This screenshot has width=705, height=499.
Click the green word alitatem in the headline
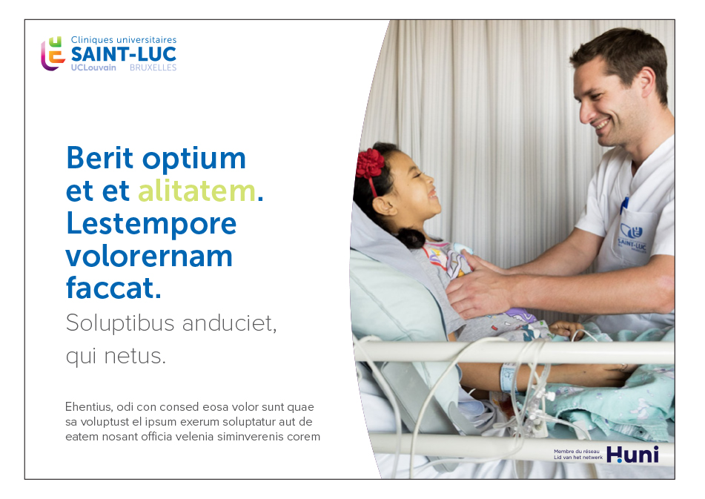pos(197,192)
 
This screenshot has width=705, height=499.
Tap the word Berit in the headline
pos(100,158)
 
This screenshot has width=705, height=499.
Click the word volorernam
pos(149,257)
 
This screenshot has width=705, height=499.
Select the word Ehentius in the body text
pos(87,407)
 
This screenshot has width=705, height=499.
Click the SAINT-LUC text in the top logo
pos(124,54)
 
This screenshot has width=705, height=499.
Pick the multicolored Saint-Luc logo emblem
pos(53,54)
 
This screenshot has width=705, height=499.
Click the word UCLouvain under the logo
pos(93,67)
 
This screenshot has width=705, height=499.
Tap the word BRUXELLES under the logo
pos(153,67)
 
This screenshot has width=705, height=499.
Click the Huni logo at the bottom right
pos(632,455)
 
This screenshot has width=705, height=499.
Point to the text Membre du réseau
pos(577,452)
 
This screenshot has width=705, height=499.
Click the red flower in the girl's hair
pos(370,164)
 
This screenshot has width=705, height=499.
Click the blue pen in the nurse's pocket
pos(623,205)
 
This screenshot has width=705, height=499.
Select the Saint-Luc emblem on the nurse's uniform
pos(632,231)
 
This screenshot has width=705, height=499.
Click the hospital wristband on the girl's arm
pos(508,377)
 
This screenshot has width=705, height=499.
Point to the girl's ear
pos(383,206)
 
